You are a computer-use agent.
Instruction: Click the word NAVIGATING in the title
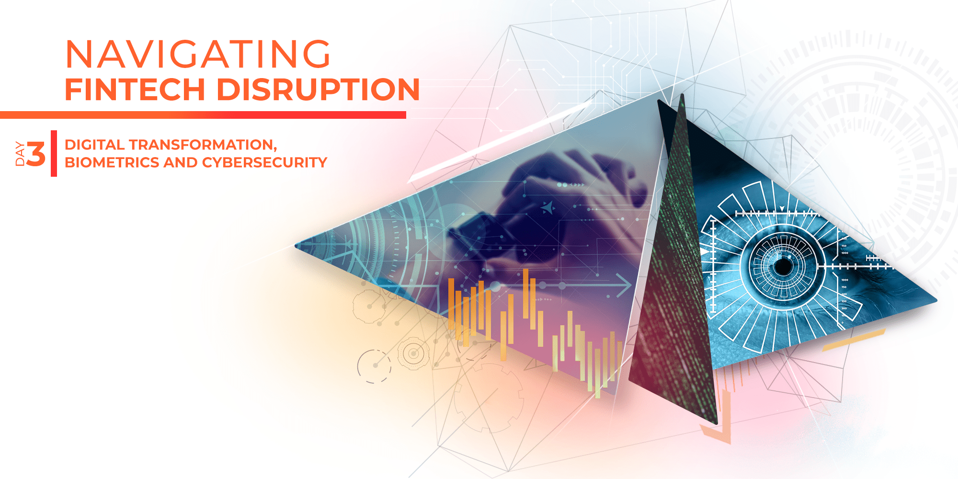click(x=197, y=54)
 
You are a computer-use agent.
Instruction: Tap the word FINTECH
click(x=135, y=90)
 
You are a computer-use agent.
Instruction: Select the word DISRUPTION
click(x=318, y=90)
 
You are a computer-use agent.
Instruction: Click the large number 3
click(x=36, y=154)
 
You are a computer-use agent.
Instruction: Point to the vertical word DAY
click(x=20, y=154)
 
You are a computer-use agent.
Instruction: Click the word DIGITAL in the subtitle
click(x=94, y=145)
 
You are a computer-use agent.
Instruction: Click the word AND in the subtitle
click(x=180, y=163)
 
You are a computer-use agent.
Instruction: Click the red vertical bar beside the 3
click(x=54, y=153)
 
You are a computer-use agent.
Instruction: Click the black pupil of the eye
click(x=784, y=266)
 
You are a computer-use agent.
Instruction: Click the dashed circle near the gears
click(x=374, y=366)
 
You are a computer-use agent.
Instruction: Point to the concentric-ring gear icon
click(x=413, y=354)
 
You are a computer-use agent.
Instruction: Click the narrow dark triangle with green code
click(x=675, y=268)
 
